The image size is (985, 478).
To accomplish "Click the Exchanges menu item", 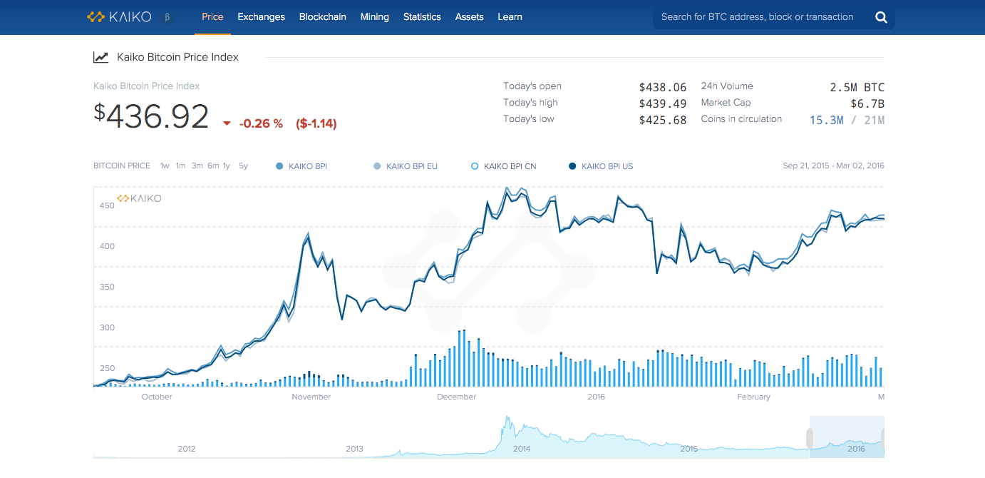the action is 261,16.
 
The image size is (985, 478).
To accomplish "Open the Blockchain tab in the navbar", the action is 322,16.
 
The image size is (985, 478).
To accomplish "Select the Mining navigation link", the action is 375,16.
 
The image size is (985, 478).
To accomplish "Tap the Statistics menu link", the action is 422,16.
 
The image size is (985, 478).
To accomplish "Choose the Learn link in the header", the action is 510,16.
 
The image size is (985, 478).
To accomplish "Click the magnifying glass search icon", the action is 881,17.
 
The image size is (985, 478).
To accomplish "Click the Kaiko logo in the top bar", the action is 119,17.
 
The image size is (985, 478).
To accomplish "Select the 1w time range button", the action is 165,166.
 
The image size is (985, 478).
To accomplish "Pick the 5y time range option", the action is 243,166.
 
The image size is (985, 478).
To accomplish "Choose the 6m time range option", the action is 213,166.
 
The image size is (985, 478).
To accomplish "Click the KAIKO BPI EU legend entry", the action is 405,166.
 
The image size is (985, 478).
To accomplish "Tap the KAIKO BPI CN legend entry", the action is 503,166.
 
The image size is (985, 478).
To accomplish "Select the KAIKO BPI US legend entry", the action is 601,166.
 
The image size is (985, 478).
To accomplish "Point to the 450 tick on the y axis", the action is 107,205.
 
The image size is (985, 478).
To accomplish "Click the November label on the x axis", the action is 311,397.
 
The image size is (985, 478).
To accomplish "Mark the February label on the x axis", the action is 753,397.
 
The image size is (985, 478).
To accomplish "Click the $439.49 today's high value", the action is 663,104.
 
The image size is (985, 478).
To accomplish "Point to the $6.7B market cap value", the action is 867,104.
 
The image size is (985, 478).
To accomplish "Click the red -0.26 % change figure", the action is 261,123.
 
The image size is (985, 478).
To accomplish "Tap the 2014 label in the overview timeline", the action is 522,449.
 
